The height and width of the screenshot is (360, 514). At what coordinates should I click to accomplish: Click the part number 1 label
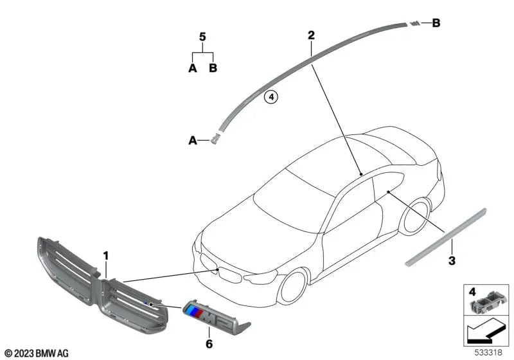pyautogui.click(x=105, y=256)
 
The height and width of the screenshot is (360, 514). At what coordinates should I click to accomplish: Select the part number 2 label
pyautogui.click(x=310, y=35)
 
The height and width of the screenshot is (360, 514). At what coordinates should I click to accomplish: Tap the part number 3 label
pyautogui.click(x=452, y=261)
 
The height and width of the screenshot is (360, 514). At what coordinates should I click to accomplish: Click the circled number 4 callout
pyautogui.click(x=271, y=97)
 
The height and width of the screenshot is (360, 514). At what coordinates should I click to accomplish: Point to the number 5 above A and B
pyautogui.click(x=202, y=37)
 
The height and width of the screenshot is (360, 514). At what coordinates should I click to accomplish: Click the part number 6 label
pyautogui.click(x=209, y=344)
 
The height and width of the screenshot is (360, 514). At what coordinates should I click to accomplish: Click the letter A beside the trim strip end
pyautogui.click(x=192, y=139)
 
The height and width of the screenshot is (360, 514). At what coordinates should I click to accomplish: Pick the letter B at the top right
pyautogui.click(x=436, y=24)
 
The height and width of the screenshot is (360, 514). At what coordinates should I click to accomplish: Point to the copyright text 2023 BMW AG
pyautogui.click(x=36, y=352)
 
